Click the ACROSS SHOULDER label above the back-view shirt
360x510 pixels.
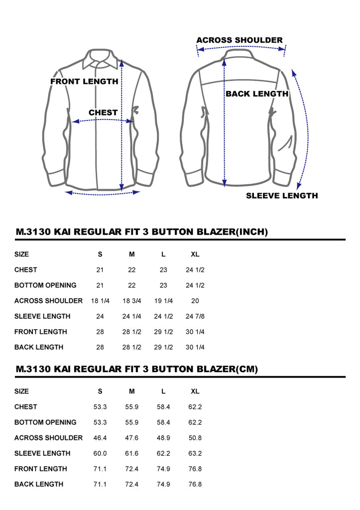[240, 40]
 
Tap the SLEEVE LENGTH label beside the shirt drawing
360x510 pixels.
[282, 195]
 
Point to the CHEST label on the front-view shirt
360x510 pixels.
[103, 113]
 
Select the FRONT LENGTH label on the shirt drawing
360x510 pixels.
[84, 81]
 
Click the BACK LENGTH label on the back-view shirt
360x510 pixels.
[257, 94]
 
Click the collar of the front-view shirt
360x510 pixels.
[100, 59]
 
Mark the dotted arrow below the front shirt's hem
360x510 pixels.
[103, 194]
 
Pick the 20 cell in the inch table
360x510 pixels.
[195, 301]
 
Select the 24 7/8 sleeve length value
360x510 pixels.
[195, 316]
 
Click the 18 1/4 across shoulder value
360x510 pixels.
[100, 301]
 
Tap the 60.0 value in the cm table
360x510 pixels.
[100, 453]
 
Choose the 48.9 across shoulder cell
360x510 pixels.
[163, 438]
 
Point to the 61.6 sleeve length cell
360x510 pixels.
[132, 453]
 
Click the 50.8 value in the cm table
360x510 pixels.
[195, 438]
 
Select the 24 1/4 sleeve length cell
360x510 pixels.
[132, 316]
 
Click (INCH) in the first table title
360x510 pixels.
[252, 232]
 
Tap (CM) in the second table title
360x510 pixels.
[247, 369]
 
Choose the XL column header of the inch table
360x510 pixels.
[195, 255]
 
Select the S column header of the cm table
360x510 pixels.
[100, 391]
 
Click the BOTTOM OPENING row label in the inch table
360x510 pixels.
[45, 285]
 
